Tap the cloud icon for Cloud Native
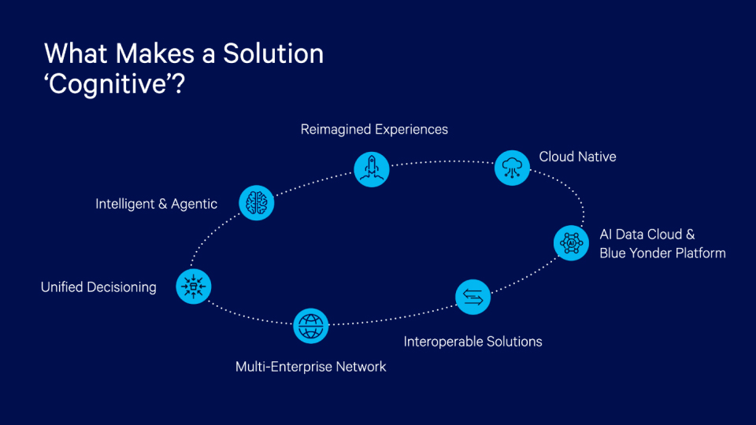coord(512,168)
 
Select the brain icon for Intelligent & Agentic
coord(256,203)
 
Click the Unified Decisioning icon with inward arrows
coord(193,287)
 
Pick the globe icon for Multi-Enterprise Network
coord(311,325)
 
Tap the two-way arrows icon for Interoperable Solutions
coord(473,297)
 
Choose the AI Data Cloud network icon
coord(571,243)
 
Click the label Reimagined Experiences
coord(374,129)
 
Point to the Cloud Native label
coord(577,157)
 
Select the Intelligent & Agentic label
coord(156,204)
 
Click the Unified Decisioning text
coord(98,287)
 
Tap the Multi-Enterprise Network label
coord(311,367)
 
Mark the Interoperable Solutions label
coord(472,342)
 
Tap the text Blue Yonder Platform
coord(662,253)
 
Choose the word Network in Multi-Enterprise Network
coord(360,367)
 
